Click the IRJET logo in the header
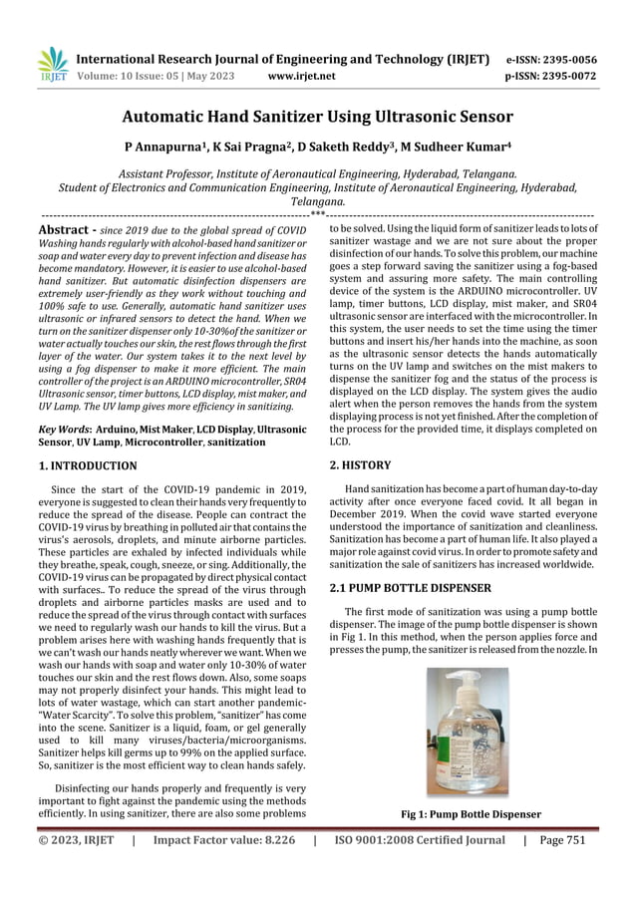pos(49,65)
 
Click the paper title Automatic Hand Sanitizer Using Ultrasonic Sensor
pos(317,118)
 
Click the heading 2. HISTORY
pos(360,464)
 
